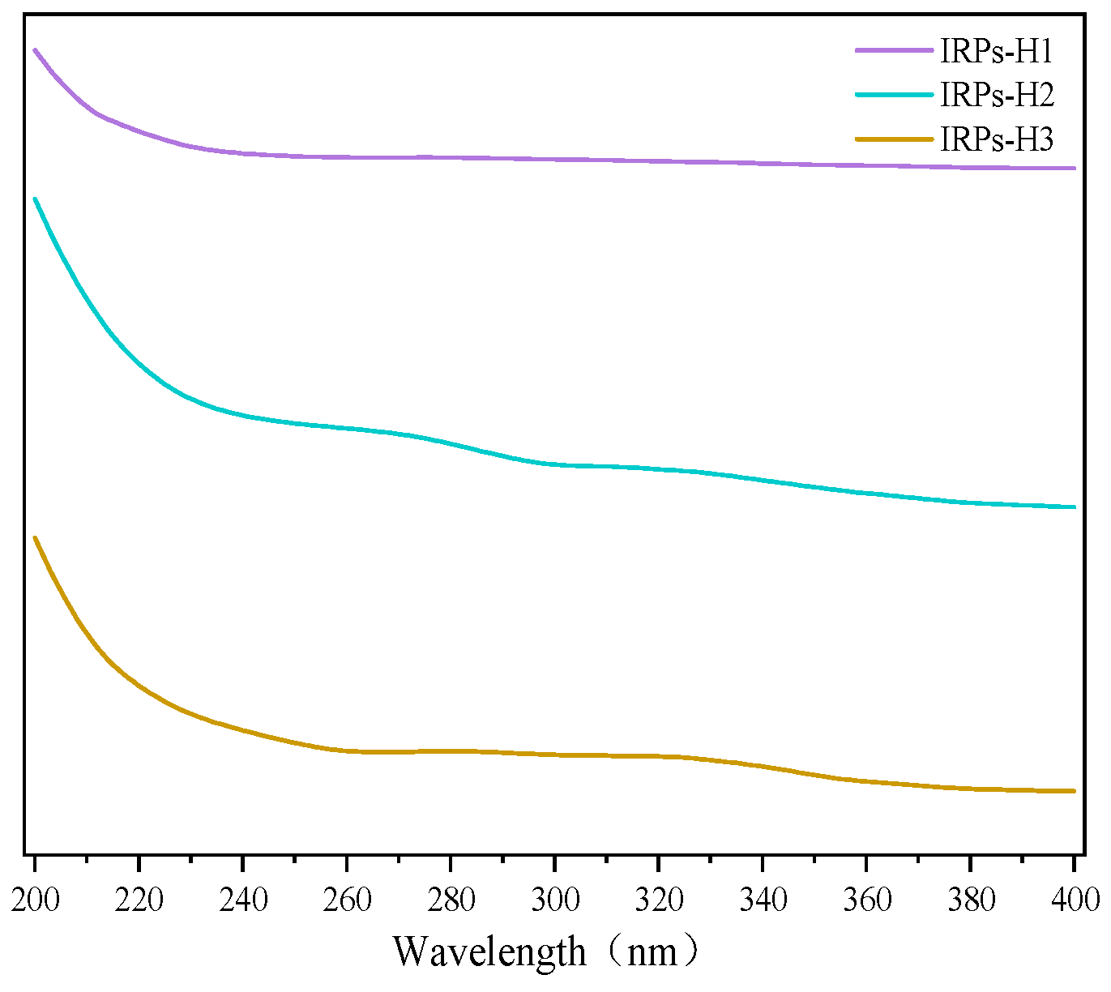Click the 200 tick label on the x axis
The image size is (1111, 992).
tap(35, 899)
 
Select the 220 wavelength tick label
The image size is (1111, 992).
tap(139, 899)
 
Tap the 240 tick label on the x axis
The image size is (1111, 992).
tap(243, 899)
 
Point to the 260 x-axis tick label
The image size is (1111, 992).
tap(347, 899)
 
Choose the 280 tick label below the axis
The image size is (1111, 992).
tap(451, 899)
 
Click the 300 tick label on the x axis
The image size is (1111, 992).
tap(555, 899)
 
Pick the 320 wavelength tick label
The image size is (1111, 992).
tap(659, 899)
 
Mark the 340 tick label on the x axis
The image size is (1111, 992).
tap(763, 899)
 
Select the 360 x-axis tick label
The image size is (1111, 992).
tap(866, 899)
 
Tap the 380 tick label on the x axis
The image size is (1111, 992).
tap(970, 899)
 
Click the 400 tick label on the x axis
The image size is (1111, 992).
tap(1074, 899)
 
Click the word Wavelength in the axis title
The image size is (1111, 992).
tap(489, 951)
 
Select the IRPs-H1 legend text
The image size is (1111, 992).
tap(997, 52)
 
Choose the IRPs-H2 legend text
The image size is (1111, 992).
tap(997, 96)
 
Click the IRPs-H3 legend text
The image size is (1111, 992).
tap(997, 139)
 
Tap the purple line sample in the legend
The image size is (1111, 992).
tap(895, 51)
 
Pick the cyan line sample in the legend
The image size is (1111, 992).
tap(895, 95)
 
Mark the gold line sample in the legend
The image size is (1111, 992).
tap(895, 139)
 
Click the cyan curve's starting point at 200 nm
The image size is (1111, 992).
tap(35, 199)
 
